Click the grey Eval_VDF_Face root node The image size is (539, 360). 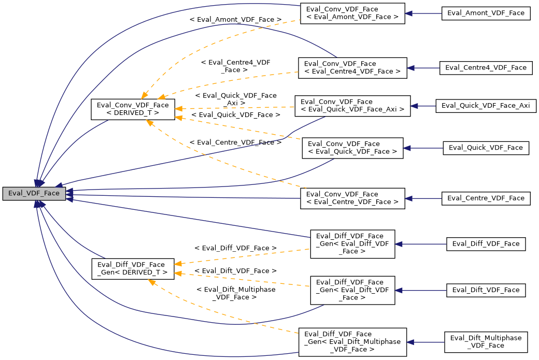coord(34,194)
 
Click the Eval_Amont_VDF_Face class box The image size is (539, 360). coord(486,13)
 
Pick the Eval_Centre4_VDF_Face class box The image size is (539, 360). coord(486,67)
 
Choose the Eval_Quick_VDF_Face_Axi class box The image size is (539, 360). coord(486,105)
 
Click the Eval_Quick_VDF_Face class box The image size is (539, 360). coord(486,148)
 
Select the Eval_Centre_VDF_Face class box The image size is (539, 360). coord(486,198)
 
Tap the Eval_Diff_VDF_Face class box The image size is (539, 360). coord(486,243)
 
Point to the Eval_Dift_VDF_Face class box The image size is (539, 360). coord(486,290)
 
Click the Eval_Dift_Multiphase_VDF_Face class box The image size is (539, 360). coord(486,342)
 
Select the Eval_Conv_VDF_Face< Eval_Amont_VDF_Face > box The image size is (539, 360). coord(352,13)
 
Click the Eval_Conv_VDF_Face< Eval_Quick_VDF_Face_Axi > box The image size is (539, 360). coord(352,105)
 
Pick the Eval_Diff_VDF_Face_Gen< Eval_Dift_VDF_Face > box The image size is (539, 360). coord(352,290)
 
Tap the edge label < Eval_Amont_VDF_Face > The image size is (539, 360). coord(236,20)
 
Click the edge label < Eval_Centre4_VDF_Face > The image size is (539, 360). coord(236,66)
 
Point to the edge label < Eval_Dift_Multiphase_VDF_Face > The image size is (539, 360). coord(236,293)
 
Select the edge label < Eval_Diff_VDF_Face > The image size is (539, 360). coord(235,249)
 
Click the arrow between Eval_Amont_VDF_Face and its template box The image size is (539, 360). coord(423,13)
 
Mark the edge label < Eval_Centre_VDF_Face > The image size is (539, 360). coord(235,142)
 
